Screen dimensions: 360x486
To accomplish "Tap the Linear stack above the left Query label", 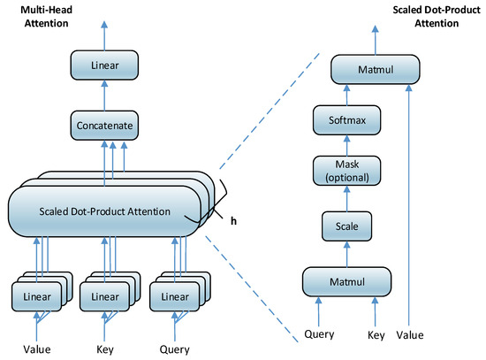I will pyautogui.click(x=174, y=294).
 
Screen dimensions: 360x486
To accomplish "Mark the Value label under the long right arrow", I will pyautogui.click(x=410, y=337).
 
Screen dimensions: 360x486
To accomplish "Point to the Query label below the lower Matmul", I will pyautogui.click(x=319, y=337).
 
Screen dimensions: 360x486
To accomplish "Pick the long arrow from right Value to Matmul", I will pyautogui.click(x=410, y=203).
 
